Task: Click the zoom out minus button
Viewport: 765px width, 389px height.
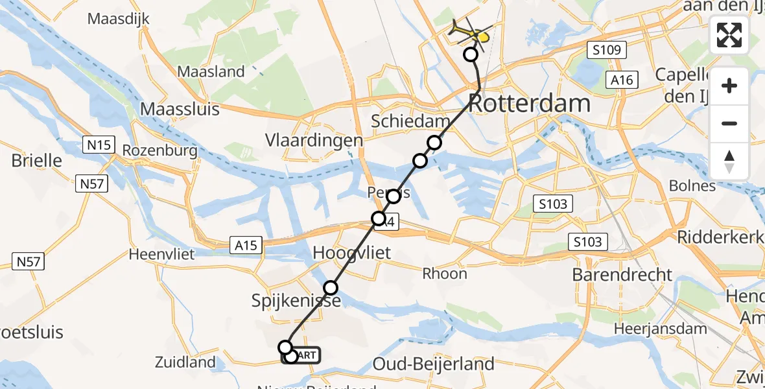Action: [x=729, y=123]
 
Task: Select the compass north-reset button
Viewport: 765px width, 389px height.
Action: [x=729, y=161]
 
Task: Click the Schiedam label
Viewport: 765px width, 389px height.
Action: [x=410, y=122]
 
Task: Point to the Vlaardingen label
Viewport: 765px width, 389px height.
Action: [x=314, y=141]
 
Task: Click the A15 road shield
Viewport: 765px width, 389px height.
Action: [x=246, y=245]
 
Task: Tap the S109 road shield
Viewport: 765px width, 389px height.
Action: [x=606, y=50]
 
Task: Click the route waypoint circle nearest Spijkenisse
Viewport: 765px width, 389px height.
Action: [x=331, y=287]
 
